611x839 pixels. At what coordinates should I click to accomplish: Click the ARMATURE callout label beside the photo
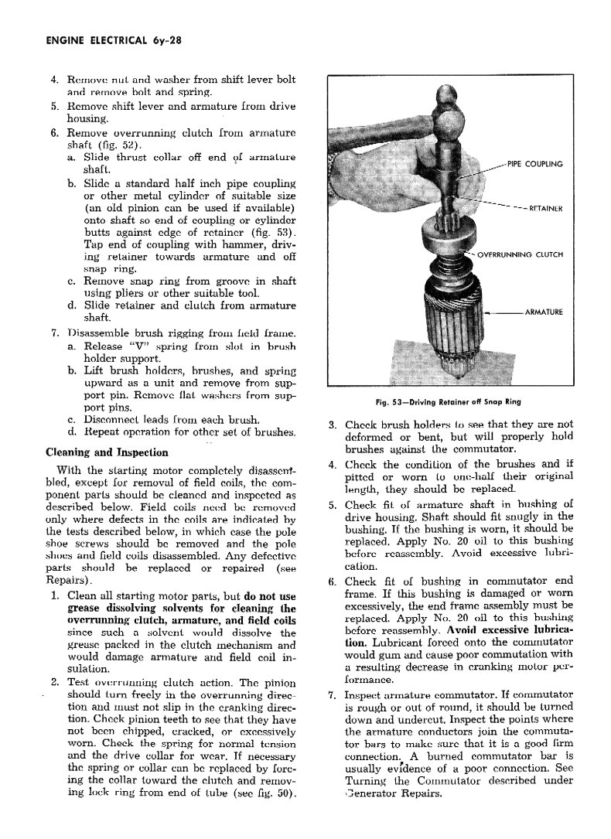[x=543, y=312]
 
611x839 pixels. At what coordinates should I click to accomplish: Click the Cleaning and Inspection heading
[x=108, y=452]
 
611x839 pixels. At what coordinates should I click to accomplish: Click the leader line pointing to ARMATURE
[x=503, y=312]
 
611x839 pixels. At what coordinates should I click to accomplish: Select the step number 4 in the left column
[x=54, y=80]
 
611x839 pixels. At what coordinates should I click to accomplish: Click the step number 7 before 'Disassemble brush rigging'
[x=54, y=333]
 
